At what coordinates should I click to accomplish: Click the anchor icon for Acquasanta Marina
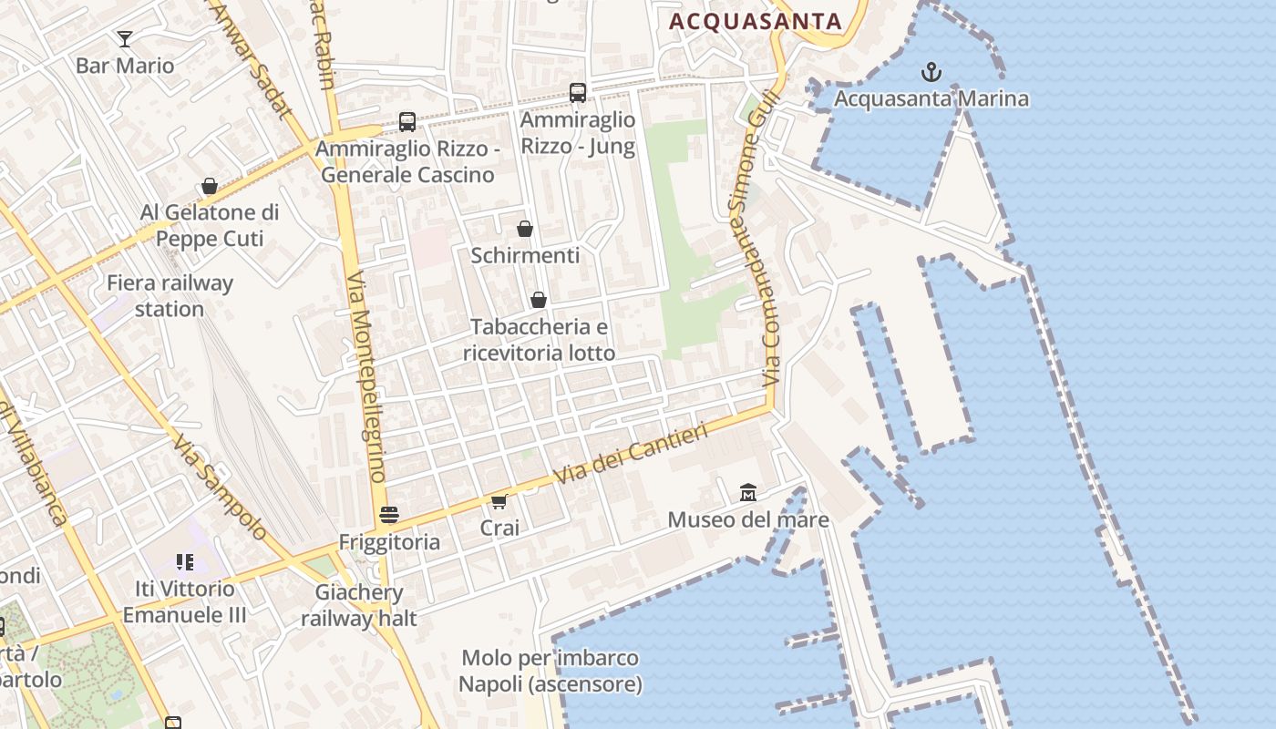pos(931,71)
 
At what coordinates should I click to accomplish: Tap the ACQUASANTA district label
pos(756,21)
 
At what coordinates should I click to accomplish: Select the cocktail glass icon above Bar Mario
pos(125,38)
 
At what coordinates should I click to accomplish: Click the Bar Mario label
pos(125,66)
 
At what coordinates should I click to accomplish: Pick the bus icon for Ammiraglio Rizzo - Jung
pos(578,92)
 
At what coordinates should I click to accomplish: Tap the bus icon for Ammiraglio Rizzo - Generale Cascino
pos(407,121)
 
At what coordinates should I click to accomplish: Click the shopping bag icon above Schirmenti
pos(525,228)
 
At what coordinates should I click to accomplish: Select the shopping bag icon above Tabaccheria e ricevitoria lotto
pos(539,299)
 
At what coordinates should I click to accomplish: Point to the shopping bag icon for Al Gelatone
pos(210,186)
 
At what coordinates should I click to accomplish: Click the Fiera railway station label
pos(170,295)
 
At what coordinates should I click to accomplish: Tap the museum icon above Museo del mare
pos(748,492)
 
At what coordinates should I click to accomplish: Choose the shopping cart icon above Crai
pos(499,501)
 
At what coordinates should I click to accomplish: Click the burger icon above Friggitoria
pos(389,515)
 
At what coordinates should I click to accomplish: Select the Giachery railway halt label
pos(359,605)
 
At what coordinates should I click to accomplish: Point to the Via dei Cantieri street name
pos(631,454)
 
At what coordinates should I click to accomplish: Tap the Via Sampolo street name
pos(221,488)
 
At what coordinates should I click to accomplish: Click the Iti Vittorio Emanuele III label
pos(185,601)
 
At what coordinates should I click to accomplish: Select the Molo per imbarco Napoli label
pos(550,671)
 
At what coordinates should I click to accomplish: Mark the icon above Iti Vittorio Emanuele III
pos(185,561)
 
